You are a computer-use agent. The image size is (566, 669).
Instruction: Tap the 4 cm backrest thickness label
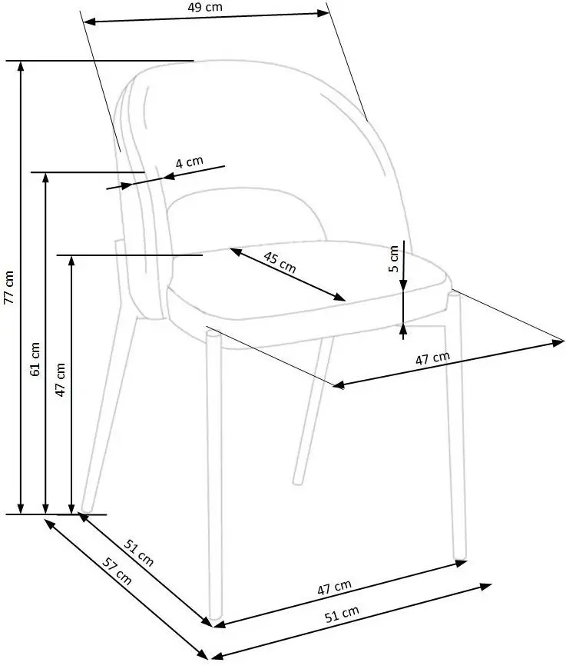tap(189, 162)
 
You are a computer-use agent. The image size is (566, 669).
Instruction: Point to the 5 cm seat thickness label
tap(393, 259)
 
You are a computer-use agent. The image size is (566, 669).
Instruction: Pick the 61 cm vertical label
tap(35, 360)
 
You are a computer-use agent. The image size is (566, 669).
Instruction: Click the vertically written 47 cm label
tap(61, 378)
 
